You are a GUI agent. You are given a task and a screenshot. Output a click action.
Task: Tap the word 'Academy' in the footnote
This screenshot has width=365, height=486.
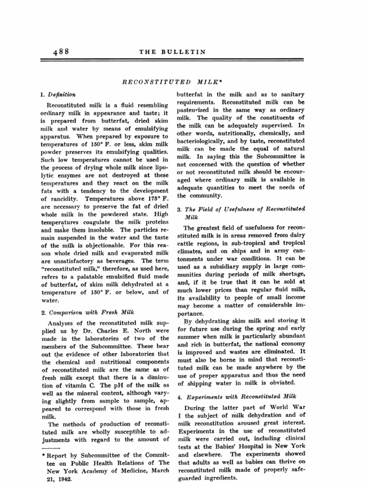[103, 471]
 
